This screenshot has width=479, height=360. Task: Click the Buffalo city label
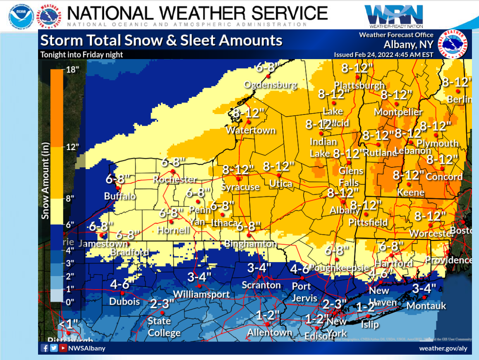click(x=120, y=196)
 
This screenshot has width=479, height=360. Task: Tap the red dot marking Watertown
click(x=249, y=122)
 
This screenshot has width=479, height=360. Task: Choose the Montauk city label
click(x=426, y=305)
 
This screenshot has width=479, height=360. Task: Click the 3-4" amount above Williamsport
click(x=199, y=277)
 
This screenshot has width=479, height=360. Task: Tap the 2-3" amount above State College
click(x=162, y=304)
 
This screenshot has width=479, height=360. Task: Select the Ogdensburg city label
click(x=270, y=85)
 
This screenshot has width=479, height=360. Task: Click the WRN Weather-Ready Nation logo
click(x=394, y=15)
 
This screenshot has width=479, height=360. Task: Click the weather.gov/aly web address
click(x=443, y=348)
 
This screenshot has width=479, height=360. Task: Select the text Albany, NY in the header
click(x=409, y=45)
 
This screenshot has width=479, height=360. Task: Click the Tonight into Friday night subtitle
click(x=81, y=55)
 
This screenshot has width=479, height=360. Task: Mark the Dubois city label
click(x=125, y=301)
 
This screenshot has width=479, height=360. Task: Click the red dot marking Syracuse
click(x=238, y=179)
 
